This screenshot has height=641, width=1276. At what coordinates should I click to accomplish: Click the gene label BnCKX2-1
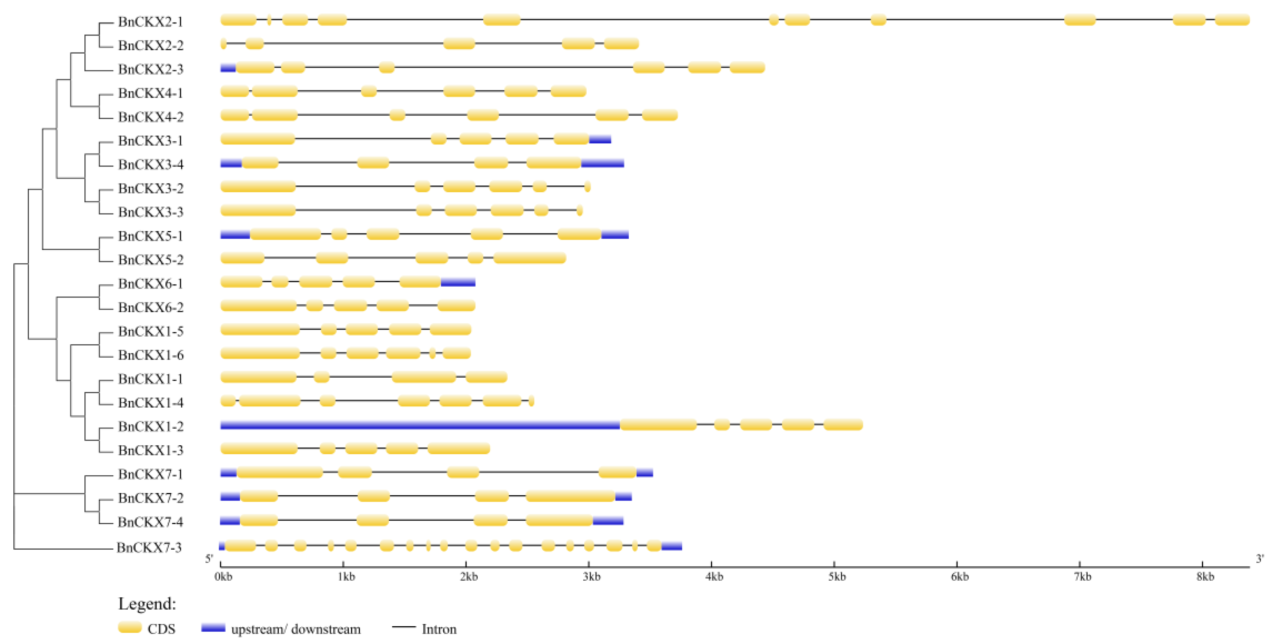(x=150, y=22)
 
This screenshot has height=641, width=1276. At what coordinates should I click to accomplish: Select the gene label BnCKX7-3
(x=149, y=547)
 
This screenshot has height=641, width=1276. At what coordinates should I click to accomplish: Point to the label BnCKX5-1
(x=150, y=236)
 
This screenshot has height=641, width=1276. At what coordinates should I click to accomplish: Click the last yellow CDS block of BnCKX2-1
(x=1232, y=20)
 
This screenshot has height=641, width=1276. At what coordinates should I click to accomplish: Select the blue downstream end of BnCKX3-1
(x=600, y=139)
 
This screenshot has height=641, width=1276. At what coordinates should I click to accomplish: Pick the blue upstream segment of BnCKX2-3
(x=228, y=68)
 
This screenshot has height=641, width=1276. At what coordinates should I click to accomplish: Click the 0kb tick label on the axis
(x=224, y=577)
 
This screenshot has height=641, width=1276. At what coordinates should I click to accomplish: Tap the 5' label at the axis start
(x=209, y=559)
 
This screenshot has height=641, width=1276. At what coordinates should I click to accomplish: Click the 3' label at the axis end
(x=1260, y=559)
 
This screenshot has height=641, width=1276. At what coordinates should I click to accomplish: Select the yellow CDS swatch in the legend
(x=130, y=628)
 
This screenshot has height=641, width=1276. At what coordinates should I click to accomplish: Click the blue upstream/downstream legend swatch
(x=213, y=628)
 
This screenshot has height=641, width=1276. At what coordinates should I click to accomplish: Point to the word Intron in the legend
(x=439, y=629)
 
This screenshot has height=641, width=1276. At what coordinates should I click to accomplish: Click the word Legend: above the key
(x=147, y=604)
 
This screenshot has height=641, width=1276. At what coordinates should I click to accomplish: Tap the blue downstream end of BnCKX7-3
(x=671, y=546)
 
